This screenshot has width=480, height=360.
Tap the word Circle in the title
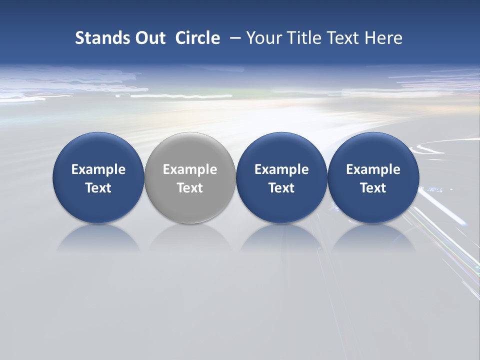point(197,38)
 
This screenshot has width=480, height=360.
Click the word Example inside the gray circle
point(190,169)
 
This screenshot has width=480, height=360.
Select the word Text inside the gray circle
point(190,188)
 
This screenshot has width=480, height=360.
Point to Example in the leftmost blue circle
point(98,169)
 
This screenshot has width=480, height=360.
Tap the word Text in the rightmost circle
point(373,188)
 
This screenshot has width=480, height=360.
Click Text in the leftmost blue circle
point(98,188)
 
